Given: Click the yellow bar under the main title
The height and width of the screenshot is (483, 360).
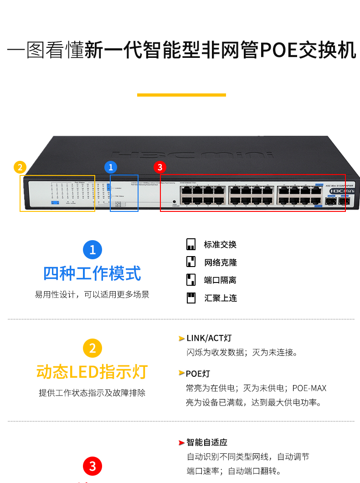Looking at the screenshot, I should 181,95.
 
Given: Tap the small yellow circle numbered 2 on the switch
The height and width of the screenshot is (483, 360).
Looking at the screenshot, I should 20,167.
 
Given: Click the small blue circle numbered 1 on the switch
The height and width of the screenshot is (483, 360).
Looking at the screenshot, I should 111,167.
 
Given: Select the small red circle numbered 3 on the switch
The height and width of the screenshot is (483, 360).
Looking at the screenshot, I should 159,167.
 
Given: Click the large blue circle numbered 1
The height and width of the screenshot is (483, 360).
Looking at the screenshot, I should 93,250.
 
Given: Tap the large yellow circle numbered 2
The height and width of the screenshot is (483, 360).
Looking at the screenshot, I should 93,349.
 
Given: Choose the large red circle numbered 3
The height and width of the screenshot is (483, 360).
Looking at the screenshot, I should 93,466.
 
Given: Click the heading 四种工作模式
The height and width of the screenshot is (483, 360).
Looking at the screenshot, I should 93,273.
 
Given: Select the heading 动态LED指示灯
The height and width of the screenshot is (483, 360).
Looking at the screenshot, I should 93,372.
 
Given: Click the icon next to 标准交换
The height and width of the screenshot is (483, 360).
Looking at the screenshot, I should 191,245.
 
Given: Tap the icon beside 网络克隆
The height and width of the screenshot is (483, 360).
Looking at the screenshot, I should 191,262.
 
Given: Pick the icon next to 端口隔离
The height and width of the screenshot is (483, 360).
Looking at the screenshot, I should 191,280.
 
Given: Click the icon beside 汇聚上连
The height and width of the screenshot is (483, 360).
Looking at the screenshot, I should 191,298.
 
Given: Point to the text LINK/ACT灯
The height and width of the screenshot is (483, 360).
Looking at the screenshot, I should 209,338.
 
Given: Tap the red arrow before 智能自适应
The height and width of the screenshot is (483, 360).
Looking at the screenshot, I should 181,442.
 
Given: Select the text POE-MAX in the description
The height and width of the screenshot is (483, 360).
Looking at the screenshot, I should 309,388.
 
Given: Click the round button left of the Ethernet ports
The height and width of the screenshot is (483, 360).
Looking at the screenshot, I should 174,201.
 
